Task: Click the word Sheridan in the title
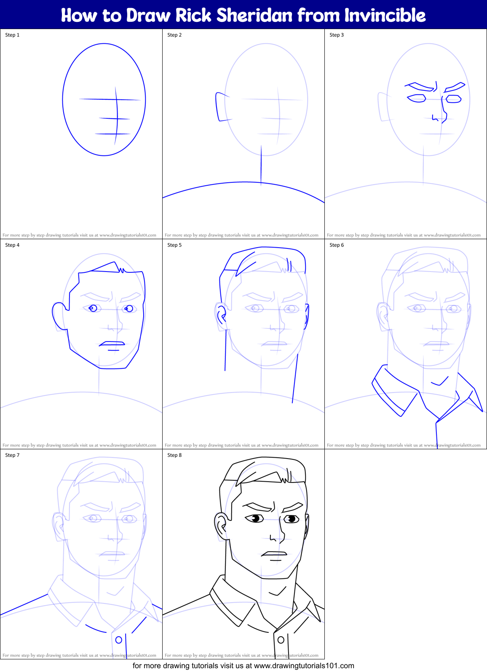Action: click(x=254, y=15)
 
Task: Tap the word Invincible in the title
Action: click(x=385, y=15)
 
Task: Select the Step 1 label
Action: click(x=12, y=35)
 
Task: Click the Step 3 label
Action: click(x=337, y=35)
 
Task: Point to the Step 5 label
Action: click(x=174, y=245)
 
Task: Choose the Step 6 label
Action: click(x=337, y=245)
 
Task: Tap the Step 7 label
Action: click(x=12, y=455)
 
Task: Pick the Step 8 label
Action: click(x=174, y=455)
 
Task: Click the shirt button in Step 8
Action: click(x=281, y=640)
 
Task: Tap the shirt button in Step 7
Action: click(x=119, y=640)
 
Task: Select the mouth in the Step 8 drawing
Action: click(x=275, y=554)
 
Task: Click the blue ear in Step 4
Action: click(x=59, y=315)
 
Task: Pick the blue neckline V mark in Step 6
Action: click(x=440, y=382)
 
